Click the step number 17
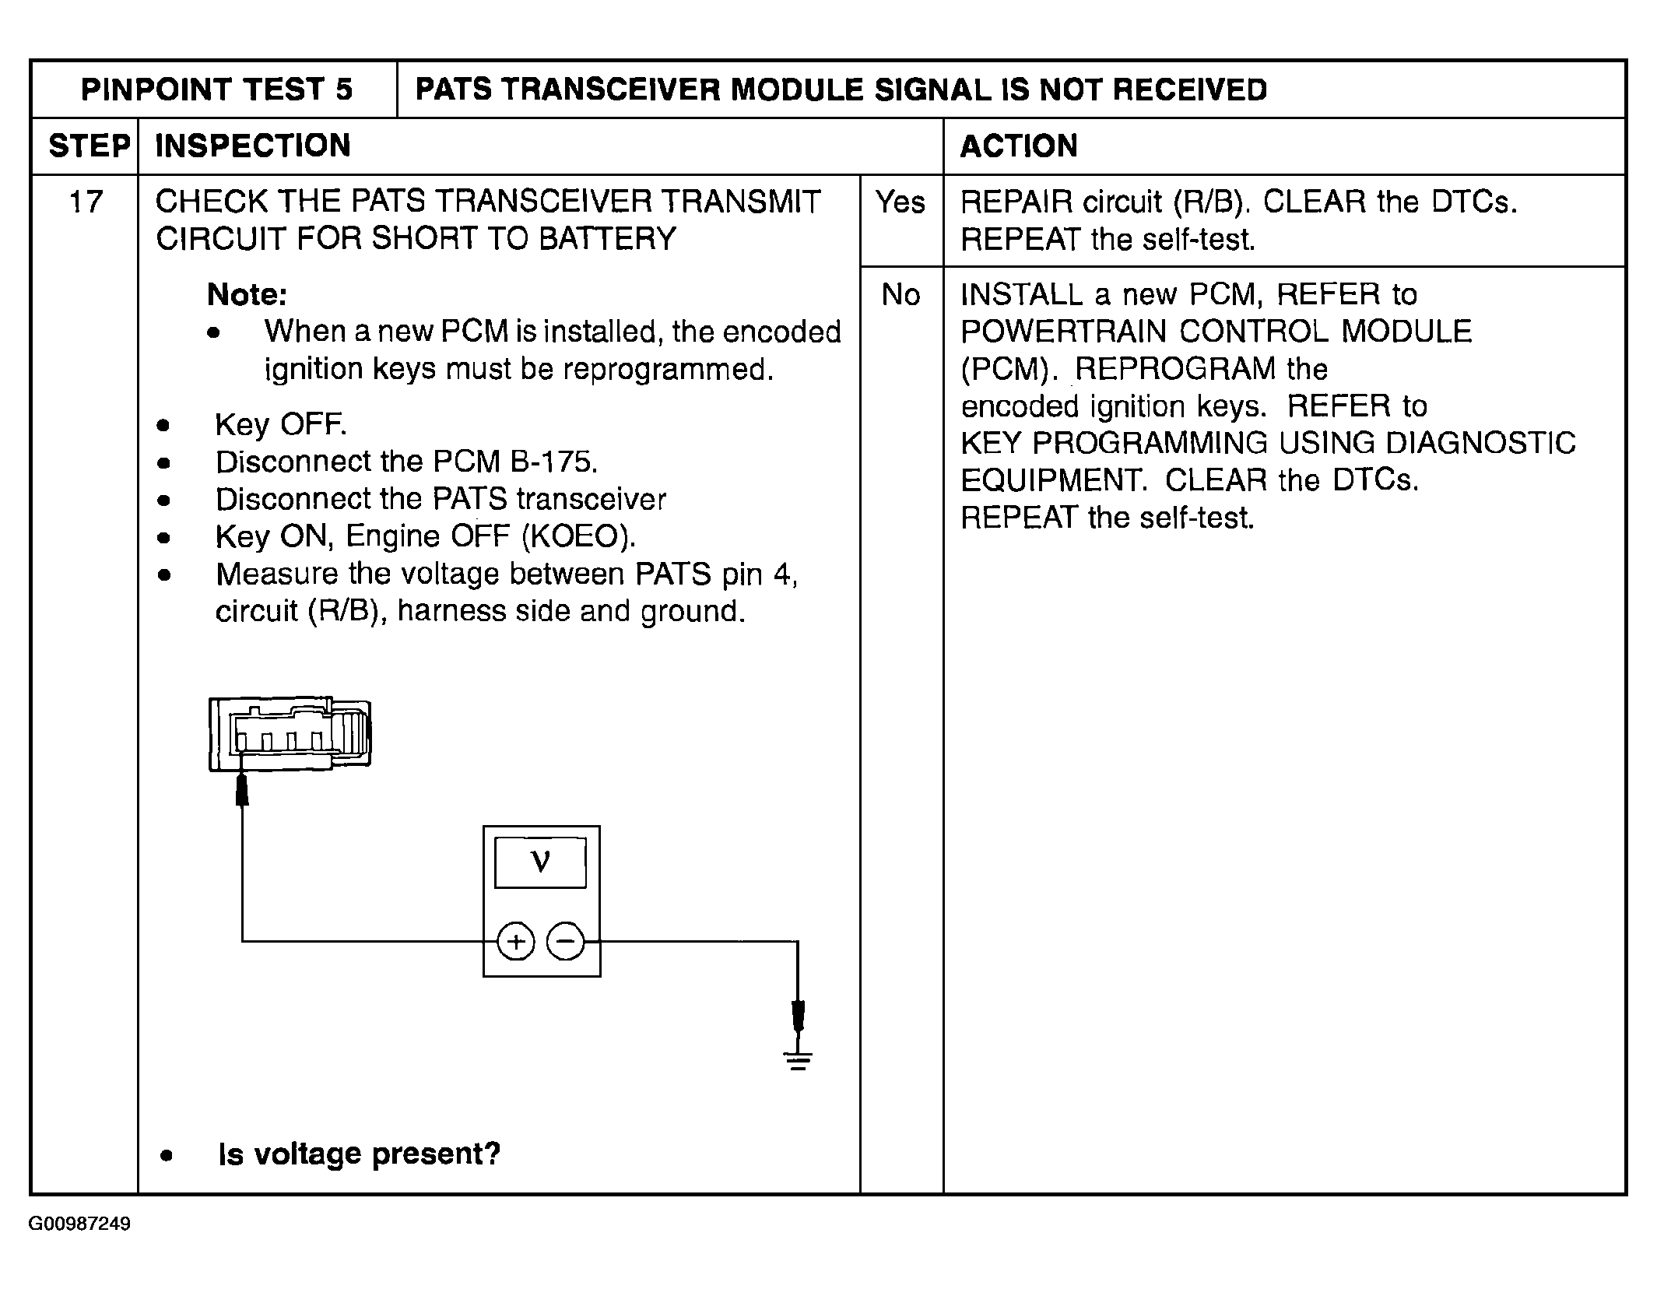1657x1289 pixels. pyautogui.click(x=86, y=202)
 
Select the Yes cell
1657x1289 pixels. pyautogui.click(x=900, y=202)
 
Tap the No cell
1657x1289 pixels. pyautogui.click(x=900, y=295)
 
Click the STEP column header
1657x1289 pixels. pyautogui.click(x=89, y=146)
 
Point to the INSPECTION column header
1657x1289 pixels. pyautogui.click(x=253, y=146)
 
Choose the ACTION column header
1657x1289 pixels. pyautogui.click(x=1019, y=146)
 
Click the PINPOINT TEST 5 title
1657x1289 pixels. pyautogui.click(x=216, y=90)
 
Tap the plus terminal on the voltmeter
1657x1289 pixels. pyautogui.click(x=515, y=943)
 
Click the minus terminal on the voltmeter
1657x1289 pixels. pyautogui.click(x=566, y=943)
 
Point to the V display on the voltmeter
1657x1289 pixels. pyautogui.click(x=540, y=862)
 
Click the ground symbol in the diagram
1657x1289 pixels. pyautogui.click(x=798, y=1059)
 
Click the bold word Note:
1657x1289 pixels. pyautogui.click(x=247, y=295)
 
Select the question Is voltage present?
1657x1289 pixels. pyautogui.click(x=359, y=1154)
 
